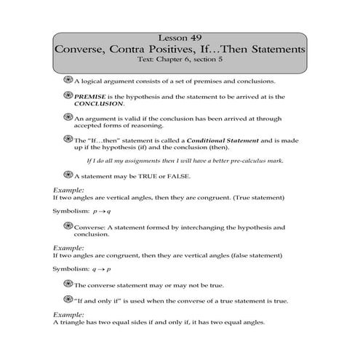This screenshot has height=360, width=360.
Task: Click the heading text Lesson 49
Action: tap(180, 38)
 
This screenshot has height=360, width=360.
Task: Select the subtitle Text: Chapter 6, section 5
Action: tap(180, 63)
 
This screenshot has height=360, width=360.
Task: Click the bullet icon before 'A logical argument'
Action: tap(68, 80)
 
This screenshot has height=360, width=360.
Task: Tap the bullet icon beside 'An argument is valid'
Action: tap(68, 118)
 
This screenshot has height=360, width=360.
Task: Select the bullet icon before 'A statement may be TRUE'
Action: tap(68, 175)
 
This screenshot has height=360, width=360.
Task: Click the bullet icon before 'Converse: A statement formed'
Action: tap(68, 228)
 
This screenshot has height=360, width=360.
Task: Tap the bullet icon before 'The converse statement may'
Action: tap(68, 286)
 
